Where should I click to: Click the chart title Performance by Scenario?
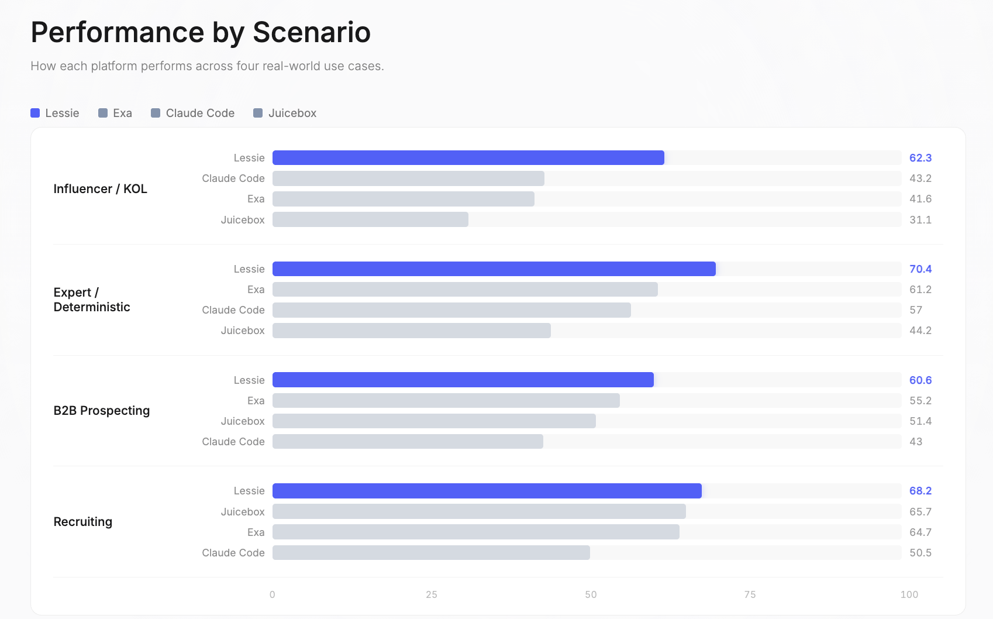click(x=201, y=32)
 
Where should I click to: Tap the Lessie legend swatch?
click(x=35, y=113)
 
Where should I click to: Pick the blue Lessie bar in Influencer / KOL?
click(x=468, y=158)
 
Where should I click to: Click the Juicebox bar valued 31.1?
click(x=370, y=219)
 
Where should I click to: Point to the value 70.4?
click(x=920, y=269)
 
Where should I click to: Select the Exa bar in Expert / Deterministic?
click(x=465, y=290)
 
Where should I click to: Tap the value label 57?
click(x=915, y=310)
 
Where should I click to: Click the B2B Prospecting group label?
click(x=101, y=411)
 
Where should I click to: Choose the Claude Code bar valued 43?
click(x=408, y=442)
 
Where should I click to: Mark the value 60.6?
click(x=920, y=380)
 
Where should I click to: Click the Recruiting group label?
click(x=82, y=522)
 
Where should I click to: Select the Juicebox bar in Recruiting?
click(x=479, y=512)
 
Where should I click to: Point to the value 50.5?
click(x=920, y=553)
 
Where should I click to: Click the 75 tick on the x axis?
click(x=750, y=594)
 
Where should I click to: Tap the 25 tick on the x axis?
click(x=432, y=594)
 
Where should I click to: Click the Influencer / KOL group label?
click(x=100, y=189)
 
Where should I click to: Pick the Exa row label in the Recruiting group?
click(x=256, y=532)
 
